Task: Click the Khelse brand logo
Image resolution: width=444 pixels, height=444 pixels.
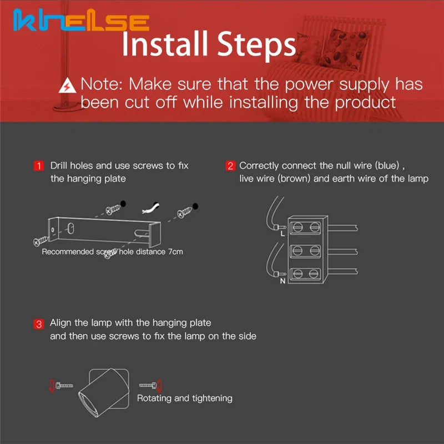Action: click(81, 20)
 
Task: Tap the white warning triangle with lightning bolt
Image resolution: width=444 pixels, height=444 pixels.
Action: click(67, 86)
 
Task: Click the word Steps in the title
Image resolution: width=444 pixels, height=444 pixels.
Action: click(256, 44)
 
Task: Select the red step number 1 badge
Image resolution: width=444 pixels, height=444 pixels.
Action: click(39, 165)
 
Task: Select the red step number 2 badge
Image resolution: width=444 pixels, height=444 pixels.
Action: click(230, 165)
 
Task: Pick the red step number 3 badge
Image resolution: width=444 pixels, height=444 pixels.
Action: click(39, 324)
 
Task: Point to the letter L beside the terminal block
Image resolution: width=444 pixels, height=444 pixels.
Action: click(282, 234)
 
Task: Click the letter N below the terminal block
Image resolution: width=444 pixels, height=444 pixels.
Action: click(282, 281)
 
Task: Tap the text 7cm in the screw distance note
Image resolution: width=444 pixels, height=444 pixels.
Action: click(175, 251)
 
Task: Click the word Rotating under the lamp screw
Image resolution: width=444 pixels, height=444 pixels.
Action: click(154, 398)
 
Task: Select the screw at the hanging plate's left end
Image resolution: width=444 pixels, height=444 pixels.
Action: click(41, 241)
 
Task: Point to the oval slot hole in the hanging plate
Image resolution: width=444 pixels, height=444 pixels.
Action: click(71, 228)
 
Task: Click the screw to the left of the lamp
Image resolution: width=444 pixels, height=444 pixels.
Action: click(64, 385)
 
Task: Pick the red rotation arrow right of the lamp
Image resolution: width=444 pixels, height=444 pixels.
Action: click(160, 386)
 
